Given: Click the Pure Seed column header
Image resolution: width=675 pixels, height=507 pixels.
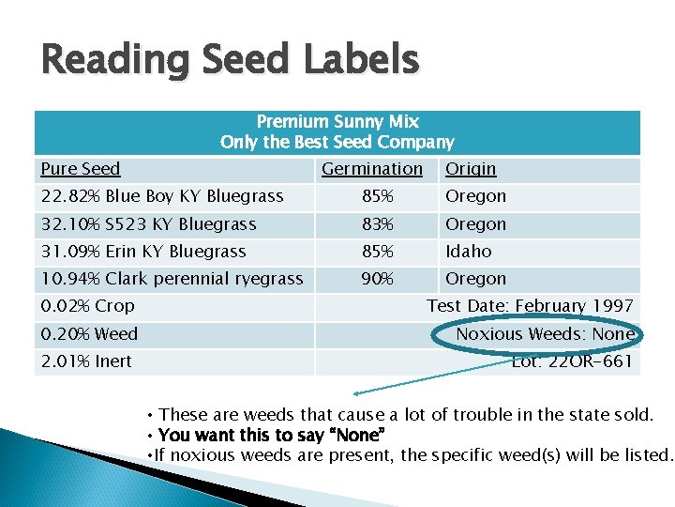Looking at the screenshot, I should (81, 169).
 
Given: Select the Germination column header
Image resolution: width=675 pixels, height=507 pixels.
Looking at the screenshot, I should (372, 169).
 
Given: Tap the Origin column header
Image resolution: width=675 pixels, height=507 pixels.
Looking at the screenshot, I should (471, 169).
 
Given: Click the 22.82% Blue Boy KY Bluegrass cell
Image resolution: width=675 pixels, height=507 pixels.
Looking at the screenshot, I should (162, 196).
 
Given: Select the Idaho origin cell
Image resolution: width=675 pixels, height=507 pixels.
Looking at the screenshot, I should (469, 252).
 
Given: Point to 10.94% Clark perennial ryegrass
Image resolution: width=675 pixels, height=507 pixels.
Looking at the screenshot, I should (172, 279).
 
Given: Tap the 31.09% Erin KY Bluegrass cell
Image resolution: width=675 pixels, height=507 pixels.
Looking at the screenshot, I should (143, 252).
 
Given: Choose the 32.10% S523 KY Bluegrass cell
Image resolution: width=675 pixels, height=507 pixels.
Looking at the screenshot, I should (149, 224).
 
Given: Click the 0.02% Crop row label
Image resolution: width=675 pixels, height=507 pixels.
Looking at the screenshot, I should (88, 306).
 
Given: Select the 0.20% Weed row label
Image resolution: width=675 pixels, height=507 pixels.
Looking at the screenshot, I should (89, 334).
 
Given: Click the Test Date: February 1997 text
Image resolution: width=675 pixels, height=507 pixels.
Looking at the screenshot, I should (530, 306).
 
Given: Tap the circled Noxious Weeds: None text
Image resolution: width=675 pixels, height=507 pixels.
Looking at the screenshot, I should (545, 334).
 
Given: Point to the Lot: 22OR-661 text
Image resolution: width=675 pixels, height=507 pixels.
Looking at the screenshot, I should (572, 361).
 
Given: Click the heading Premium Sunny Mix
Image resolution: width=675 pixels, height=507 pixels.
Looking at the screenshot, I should (337, 122).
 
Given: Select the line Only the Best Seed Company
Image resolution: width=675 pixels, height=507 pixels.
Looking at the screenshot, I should (337, 143).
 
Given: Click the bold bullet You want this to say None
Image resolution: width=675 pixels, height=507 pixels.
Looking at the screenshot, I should (272, 435).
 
